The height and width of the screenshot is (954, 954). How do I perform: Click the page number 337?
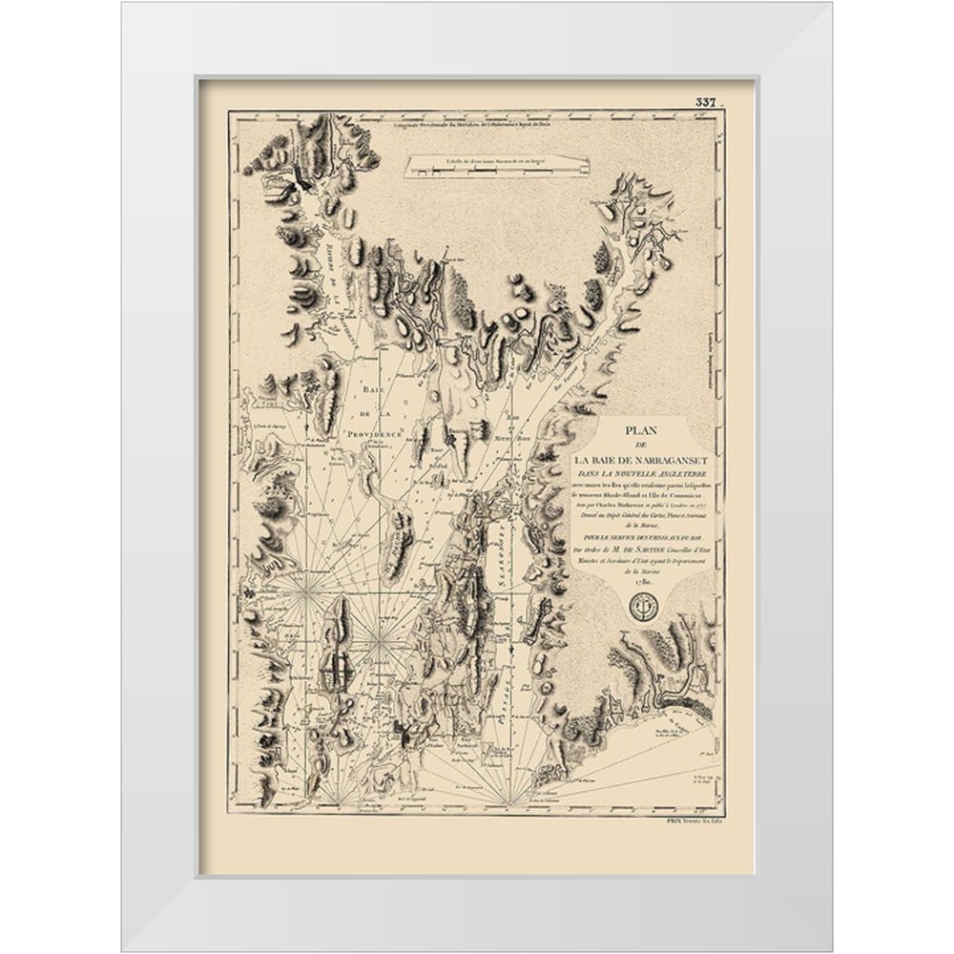coord(707,102)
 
